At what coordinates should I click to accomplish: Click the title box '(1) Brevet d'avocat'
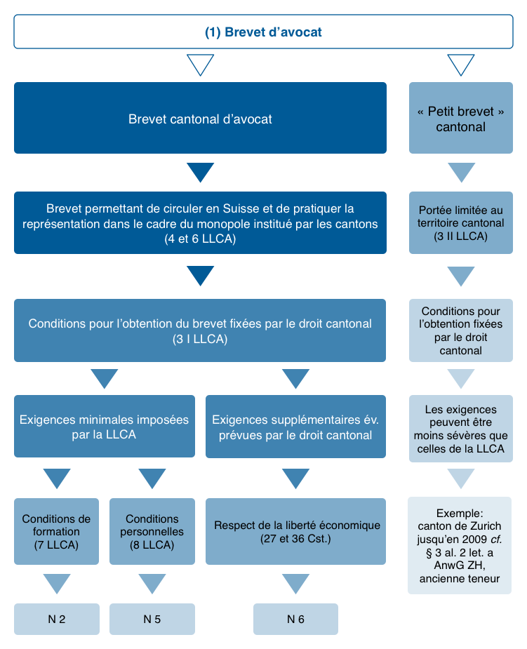tap(263, 32)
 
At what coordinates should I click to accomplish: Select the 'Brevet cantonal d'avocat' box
tap(200, 118)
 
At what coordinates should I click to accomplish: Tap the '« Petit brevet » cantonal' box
tap(460, 118)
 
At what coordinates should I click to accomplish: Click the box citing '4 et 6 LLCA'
tap(200, 222)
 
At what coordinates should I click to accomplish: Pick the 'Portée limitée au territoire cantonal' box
tap(460, 222)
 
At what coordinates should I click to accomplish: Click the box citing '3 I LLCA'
tap(200, 330)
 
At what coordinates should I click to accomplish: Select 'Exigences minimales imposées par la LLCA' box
tap(105, 427)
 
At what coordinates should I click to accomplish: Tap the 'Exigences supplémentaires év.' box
tap(295, 427)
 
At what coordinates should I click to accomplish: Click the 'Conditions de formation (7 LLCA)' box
tap(56, 531)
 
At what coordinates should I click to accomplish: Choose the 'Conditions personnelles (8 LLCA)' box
tap(152, 531)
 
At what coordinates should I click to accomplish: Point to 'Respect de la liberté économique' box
tap(295, 531)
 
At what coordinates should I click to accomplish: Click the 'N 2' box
tap(56, 619)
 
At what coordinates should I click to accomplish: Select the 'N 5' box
tap(152, 619)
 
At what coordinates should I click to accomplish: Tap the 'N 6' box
tap(295, 619)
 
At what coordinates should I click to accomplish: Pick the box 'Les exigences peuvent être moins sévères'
tap(460, 429)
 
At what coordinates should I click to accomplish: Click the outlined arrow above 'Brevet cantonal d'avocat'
tap(200, 65)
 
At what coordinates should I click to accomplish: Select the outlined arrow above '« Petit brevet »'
tap(460, 65)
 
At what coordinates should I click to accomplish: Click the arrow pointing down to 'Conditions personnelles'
tap(152, 479)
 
